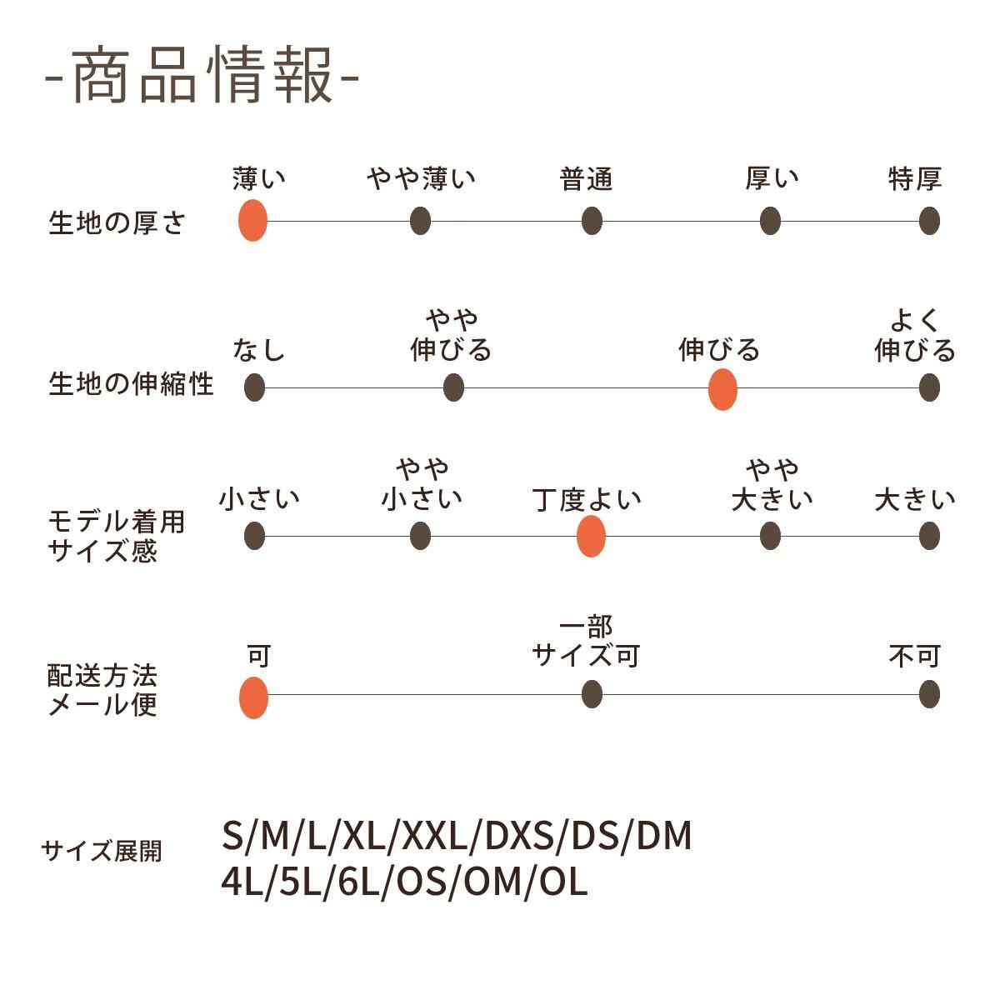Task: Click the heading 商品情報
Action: click(202, 77)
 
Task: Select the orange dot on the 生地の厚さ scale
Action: click(252, 221)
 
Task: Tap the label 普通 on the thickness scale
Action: click(587, 178)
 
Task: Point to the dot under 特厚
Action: click(929, 221)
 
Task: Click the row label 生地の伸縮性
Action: click(131, 384)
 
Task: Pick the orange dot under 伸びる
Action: click(722, 389)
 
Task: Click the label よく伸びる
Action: click(914, 336)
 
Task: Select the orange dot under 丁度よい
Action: click(591, 536)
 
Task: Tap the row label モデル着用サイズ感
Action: click(116, 537)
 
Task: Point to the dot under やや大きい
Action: click(770, 536)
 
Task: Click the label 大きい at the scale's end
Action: click(914, 499)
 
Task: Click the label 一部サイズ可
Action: click(587, 642)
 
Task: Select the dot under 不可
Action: click(929, 694)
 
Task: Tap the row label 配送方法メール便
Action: click(102, 690)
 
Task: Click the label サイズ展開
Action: click(102, 851)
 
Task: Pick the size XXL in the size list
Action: click(434, 836)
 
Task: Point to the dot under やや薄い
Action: click(420, 221)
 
